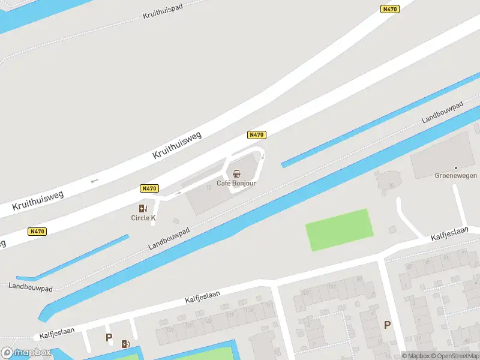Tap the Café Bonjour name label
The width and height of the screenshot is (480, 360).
(236, 183)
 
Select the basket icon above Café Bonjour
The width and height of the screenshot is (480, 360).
(236, 173)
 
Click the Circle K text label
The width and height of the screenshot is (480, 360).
(143, 218)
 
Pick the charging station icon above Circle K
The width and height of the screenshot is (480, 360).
(143, 208)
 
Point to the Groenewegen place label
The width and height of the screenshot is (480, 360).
(455, 176)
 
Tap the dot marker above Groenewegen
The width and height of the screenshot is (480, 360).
(455, 167)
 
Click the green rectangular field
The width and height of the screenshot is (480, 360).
(339, 230)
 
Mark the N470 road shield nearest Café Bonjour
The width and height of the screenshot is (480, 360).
(256, 135)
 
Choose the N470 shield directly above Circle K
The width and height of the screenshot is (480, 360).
(149, 188)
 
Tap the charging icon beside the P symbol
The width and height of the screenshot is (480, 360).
(126, 344)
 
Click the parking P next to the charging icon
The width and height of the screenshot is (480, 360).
(109, 338)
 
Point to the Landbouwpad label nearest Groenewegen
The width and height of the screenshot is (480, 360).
(443, 112)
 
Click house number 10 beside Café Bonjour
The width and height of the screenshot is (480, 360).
(208, 187)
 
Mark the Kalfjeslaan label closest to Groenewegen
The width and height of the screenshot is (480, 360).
(449, 235)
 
